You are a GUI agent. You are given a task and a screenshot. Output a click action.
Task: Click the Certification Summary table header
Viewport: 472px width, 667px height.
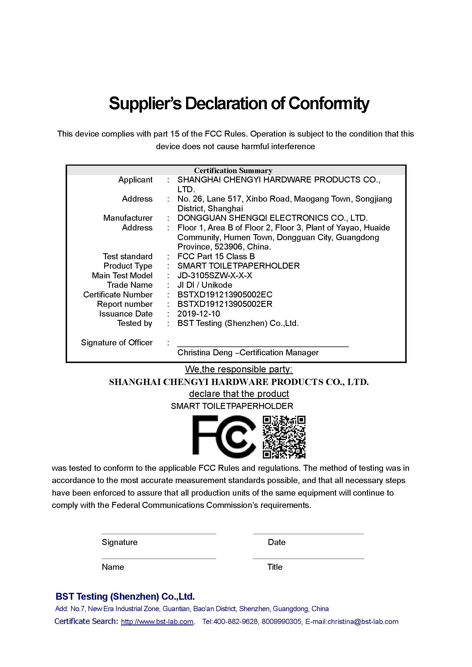pos(233,171)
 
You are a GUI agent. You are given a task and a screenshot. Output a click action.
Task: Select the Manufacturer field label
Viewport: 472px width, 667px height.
pos(128,218)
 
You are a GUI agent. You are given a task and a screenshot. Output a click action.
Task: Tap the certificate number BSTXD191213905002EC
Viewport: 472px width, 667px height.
pos(225,295)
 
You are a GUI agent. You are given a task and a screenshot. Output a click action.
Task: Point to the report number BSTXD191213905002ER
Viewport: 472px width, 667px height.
pos(225,304)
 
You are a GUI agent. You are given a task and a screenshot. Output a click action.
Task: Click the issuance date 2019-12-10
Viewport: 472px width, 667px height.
pos(199,314)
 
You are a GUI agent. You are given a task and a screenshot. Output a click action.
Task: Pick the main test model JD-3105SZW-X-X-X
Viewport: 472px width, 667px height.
pos(215,275)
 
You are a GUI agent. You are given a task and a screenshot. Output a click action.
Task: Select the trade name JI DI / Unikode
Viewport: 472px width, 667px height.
pos(205,285)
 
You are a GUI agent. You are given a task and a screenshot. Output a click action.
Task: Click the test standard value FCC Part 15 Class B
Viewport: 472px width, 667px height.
pos(216,256)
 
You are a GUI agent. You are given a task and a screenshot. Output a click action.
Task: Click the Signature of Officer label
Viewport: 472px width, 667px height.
pos(116,343)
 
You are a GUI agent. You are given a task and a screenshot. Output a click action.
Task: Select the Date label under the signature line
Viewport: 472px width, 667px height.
pos(277,542)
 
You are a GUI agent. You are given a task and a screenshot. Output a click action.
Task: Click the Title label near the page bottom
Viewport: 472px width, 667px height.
pos(275,567)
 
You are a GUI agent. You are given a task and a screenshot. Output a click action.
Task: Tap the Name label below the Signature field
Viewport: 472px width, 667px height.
pos(113,567)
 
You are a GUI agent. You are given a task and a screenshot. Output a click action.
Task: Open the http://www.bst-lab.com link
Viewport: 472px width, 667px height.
pos(157,622)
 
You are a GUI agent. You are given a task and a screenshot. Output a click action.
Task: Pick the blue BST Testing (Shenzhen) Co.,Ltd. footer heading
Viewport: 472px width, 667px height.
pos(125,596)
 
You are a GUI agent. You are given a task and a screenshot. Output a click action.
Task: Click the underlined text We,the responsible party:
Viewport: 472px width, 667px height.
pos(239,369)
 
